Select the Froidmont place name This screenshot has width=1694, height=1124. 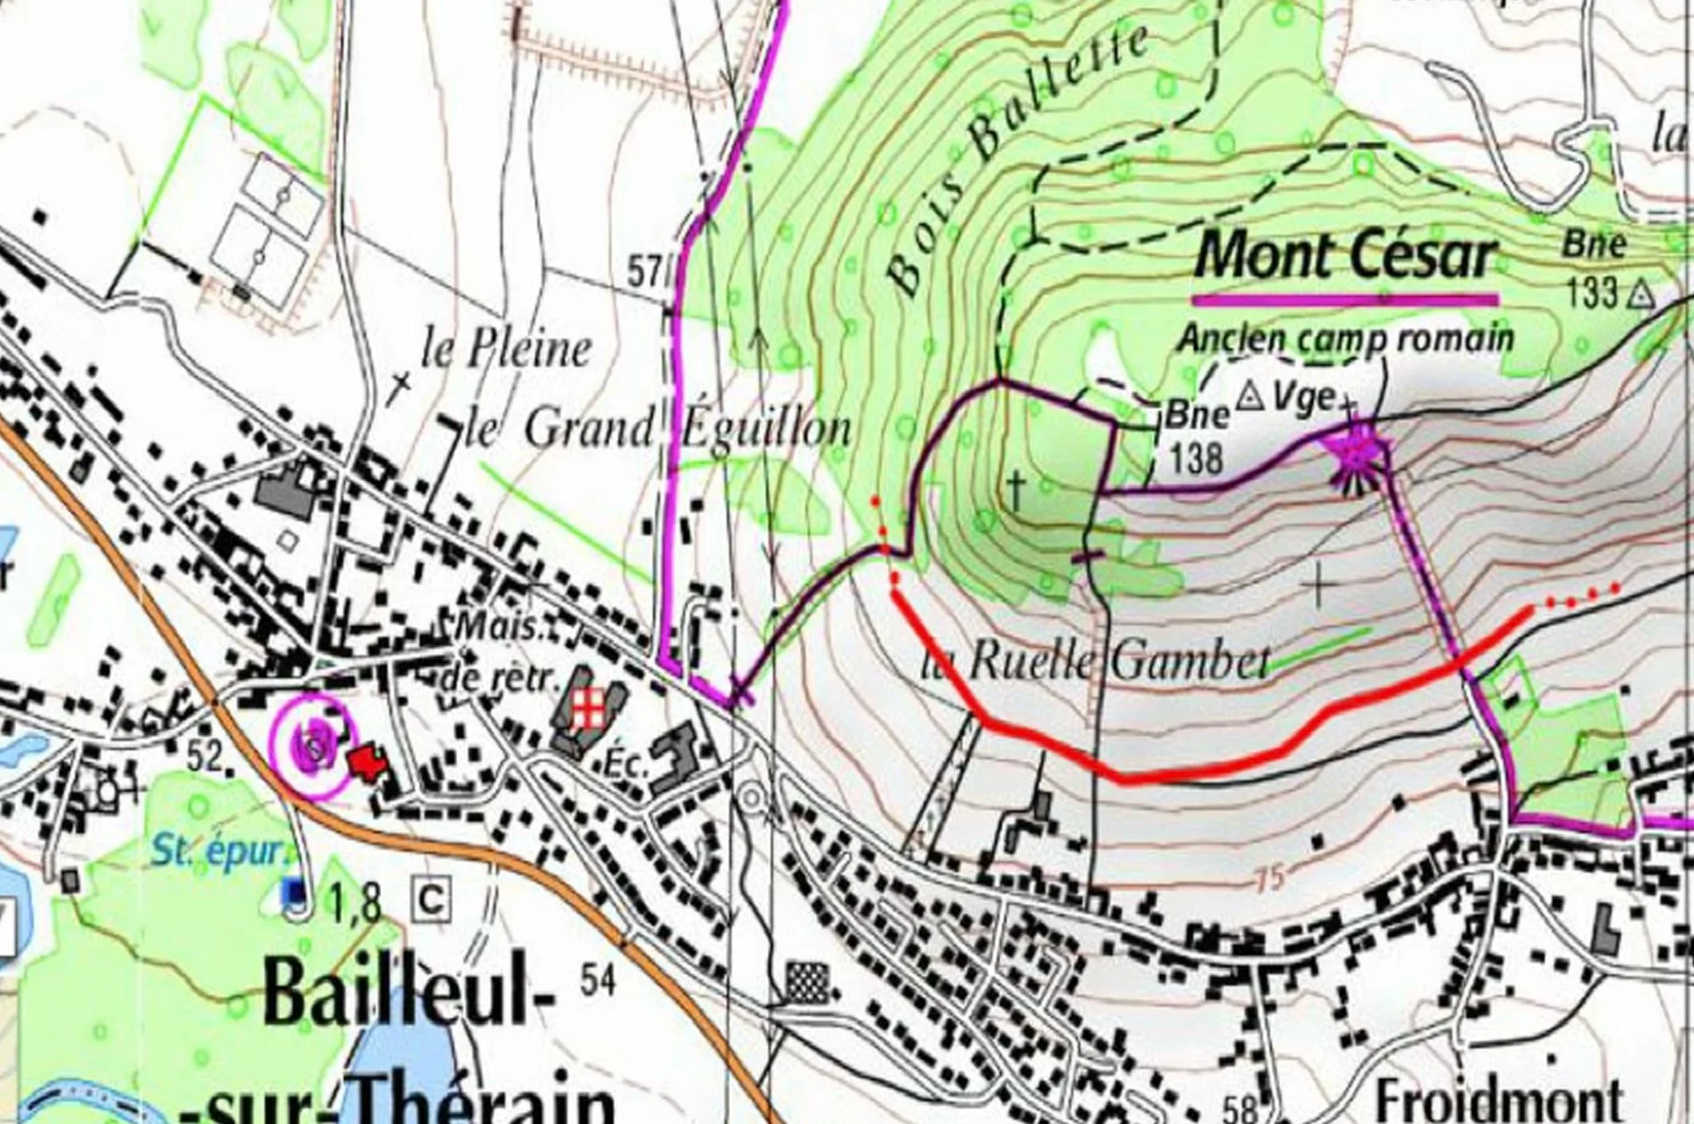click(1498, 1100)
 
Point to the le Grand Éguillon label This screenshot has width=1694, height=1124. click(656, 429)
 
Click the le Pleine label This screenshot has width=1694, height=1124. click(506, 350)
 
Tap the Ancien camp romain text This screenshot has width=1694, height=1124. click(1345, 339)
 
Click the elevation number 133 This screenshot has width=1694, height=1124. click(1592, 294)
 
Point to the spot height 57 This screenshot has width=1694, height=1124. click(645, 274)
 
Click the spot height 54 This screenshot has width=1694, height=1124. click(599, 980)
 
